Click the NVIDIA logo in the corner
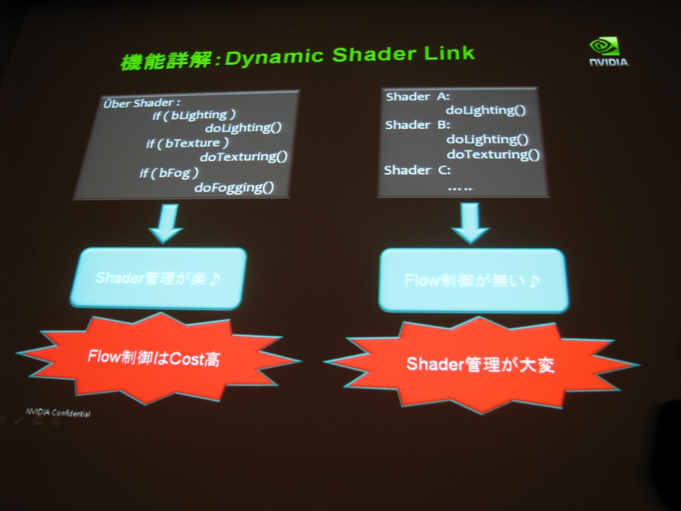(609, 52)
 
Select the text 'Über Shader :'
(141, 103)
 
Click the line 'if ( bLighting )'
(194, 115)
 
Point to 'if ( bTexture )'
(188, 143)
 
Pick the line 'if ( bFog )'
(169, 173)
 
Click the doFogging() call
(234, 188)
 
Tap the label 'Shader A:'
(418, 96)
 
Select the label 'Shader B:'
(418, 125)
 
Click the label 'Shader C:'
(418, 170)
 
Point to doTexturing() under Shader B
(493, 154)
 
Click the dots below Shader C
(460, 189)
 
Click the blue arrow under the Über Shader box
(166, 224)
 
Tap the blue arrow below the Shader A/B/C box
(470, 223)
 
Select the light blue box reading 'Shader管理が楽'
(158, 278)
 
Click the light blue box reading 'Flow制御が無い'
(474, 281)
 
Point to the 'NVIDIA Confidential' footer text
(58, 413)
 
